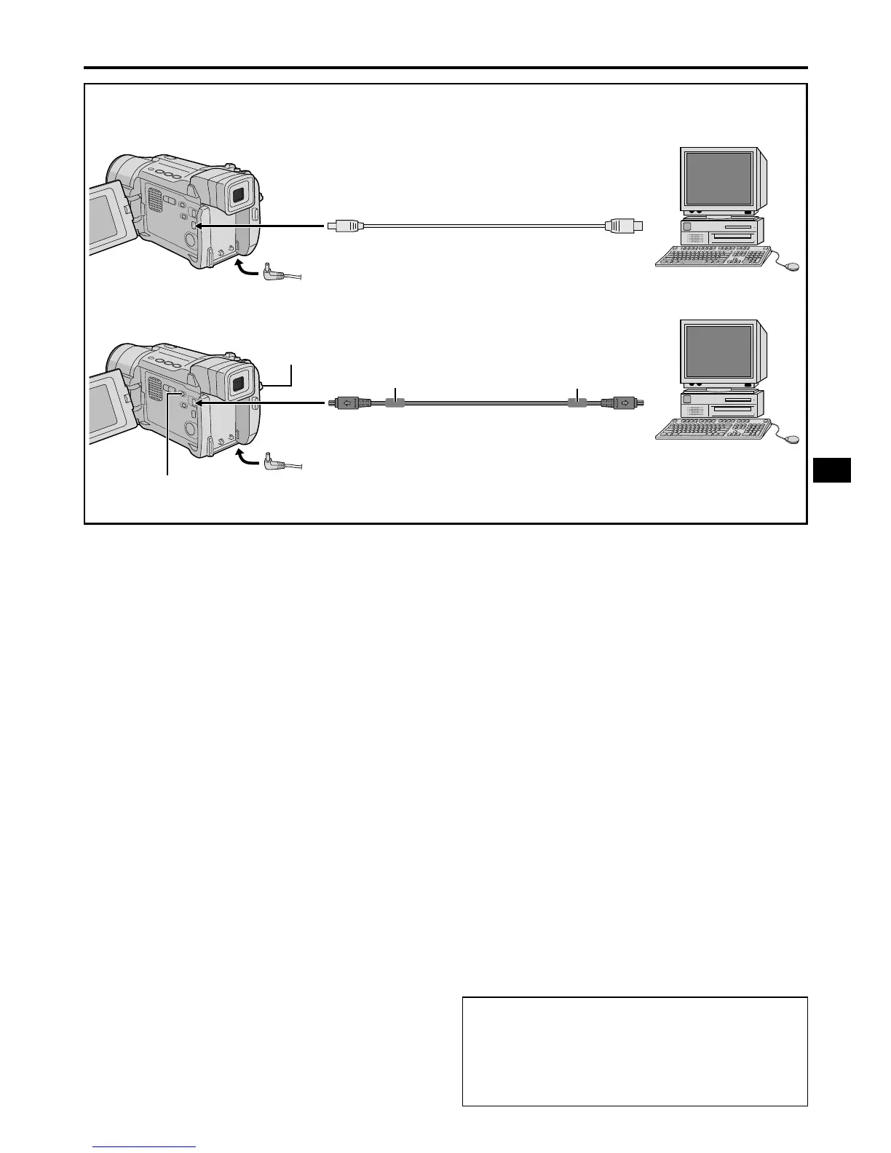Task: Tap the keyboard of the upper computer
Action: coord(713,257)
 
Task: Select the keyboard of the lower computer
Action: coord(713,429)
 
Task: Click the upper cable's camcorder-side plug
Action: coord(346,226)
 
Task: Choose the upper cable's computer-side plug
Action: coord(623,226)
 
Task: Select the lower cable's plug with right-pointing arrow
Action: coord(622,402)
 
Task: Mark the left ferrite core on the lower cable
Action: coord(395,403)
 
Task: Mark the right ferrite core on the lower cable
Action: coord(577,403)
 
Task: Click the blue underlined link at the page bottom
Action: coord(145,1146)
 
